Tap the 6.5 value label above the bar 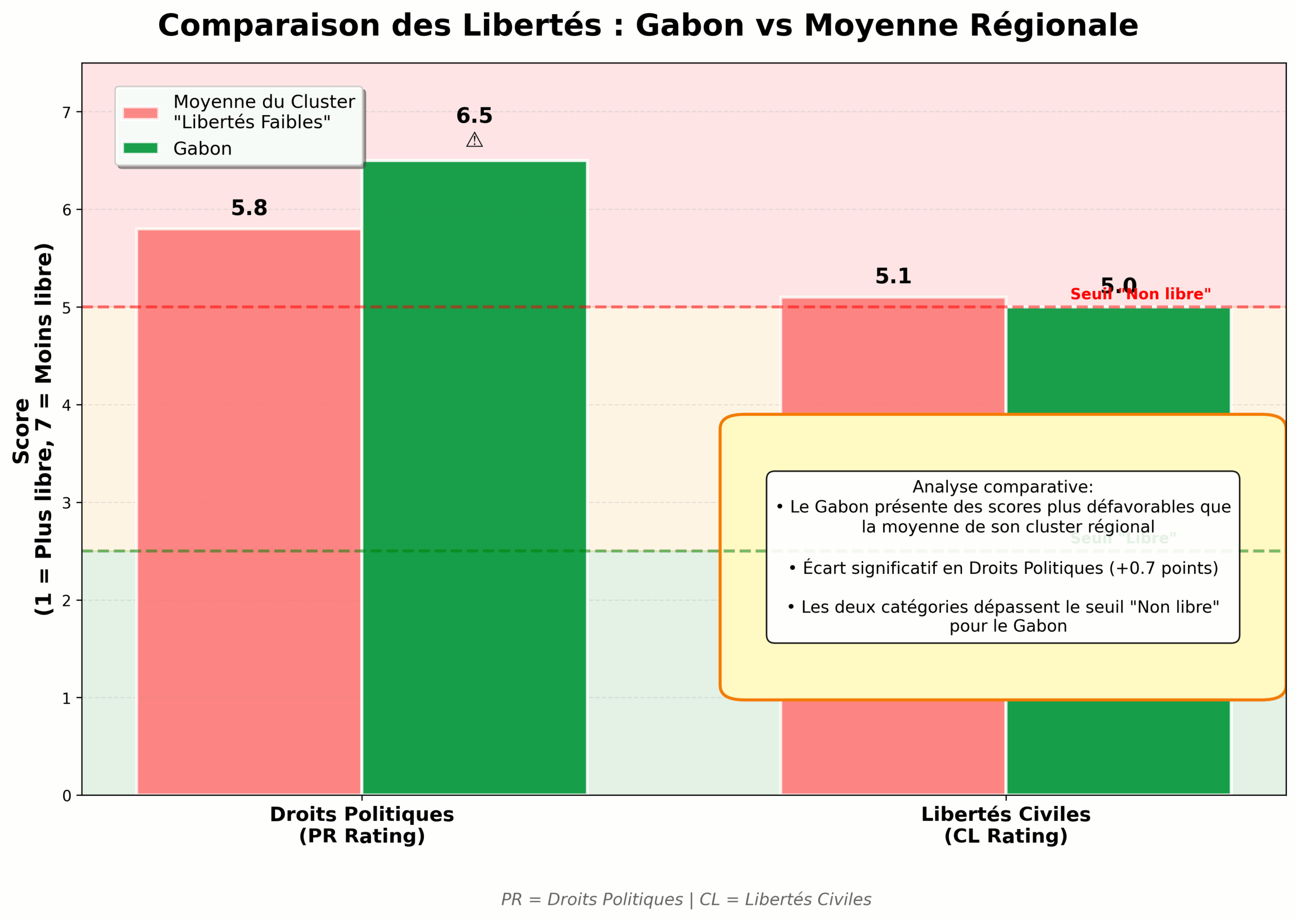(474, 116)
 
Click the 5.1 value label (893, 277)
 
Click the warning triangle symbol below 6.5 (474, 140)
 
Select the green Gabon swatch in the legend (140, 148)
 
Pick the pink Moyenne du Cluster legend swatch (140, 113)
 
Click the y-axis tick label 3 (67, 503)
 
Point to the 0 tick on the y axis (67, 796)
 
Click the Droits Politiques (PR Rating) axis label (362, 825)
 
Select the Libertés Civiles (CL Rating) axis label (1005, 825)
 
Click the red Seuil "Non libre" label (1140, 294)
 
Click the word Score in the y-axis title (21, 431)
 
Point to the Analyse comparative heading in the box (1003, 487)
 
